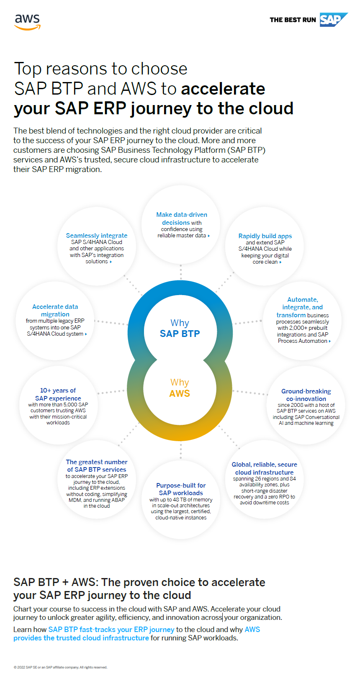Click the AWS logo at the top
click(28, 21)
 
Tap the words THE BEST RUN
click(293, 20)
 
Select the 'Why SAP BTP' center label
click(180, 329)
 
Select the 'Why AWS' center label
click(180, 388)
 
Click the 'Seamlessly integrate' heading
click(97, 236)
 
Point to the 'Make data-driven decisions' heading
click(182, 218)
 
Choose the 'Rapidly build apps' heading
click(265, 236)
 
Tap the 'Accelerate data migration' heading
click(55, 311)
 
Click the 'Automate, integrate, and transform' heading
click(302, 307)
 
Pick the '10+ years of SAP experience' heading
click(58, 394)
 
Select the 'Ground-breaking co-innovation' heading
click(306, 395)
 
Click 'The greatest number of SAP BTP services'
click(97, 466)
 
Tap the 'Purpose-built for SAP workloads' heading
click(181, 489)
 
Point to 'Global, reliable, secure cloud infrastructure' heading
click(264, 468)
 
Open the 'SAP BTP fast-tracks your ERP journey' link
click(111, 630)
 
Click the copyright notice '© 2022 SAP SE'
click(60, 667)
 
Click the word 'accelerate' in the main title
click(223, 89)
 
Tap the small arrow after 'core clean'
click(280, 262)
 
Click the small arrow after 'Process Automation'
click(330, 342)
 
